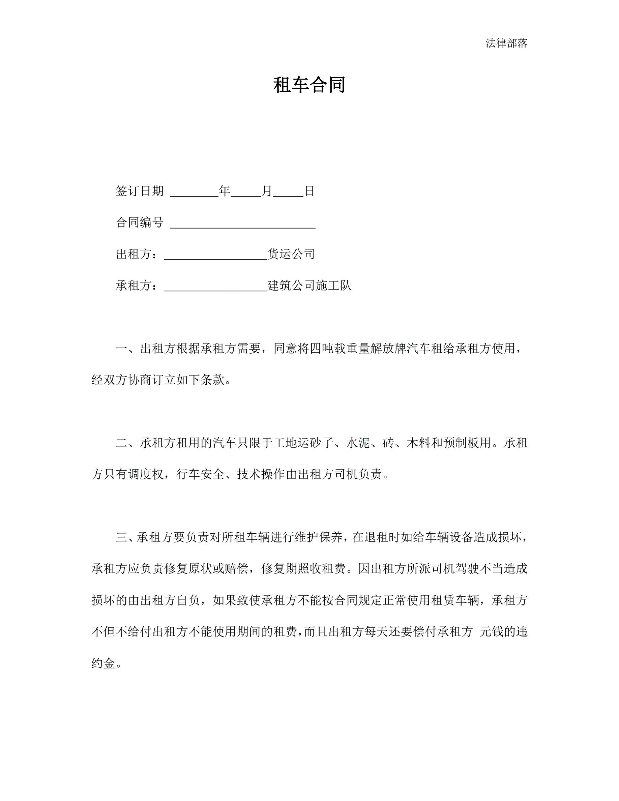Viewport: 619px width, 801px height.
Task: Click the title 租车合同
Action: pos(309,85)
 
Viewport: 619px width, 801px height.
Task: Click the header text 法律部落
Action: pos(506,43)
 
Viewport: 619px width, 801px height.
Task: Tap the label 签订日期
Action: pos(139,191)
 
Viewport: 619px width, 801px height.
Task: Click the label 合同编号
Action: pos(139,222)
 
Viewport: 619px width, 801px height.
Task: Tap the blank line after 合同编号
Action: pos(242,226)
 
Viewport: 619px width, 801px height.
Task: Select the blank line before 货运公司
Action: pos(215,257)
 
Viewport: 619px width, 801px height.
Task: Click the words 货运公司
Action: pos(291,254)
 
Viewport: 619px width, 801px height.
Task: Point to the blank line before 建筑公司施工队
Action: pos(215,288)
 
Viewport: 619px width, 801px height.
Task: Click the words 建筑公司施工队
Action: pos(309,285)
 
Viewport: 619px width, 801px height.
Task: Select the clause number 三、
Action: pos(126,537)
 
